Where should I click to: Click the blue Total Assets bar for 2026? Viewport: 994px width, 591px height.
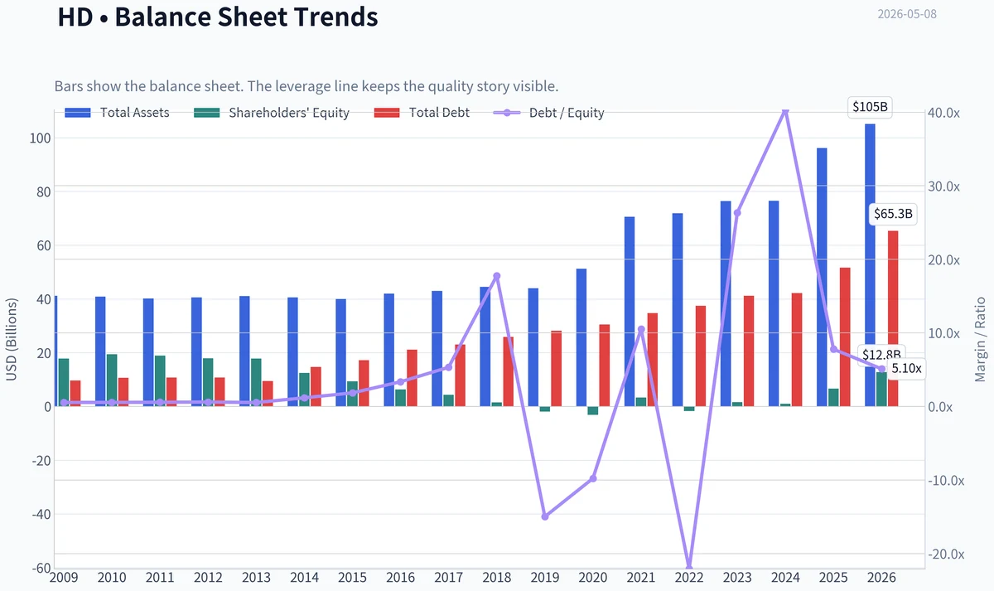point(870,265)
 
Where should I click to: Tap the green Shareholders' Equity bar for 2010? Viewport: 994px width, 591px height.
point(112,380)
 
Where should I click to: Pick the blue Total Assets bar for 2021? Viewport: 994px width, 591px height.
point(630,312)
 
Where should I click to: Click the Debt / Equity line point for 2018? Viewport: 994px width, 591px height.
point(497,276)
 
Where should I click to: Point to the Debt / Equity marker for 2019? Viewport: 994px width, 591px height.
point(545,516)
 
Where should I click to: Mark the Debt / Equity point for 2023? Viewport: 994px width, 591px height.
point(737,213)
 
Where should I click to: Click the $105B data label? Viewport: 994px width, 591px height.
point(871,107)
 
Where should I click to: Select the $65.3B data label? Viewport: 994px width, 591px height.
point(893,214)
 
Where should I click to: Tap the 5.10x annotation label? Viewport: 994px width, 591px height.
point(906,369)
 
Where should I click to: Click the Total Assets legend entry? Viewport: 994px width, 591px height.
point(117,113)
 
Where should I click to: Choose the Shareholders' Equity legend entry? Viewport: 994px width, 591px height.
point(272,113)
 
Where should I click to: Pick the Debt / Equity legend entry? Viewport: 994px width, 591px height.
point(549,113)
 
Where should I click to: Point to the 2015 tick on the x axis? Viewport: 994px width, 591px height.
point(352,578)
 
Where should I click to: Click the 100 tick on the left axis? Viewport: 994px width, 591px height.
point(41,138)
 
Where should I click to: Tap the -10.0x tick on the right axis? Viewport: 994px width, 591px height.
point(946,481)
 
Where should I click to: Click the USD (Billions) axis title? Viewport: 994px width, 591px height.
point(11,339)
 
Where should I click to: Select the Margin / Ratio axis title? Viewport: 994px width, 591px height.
point(980,339)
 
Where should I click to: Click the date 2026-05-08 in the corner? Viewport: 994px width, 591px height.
point(907,14)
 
